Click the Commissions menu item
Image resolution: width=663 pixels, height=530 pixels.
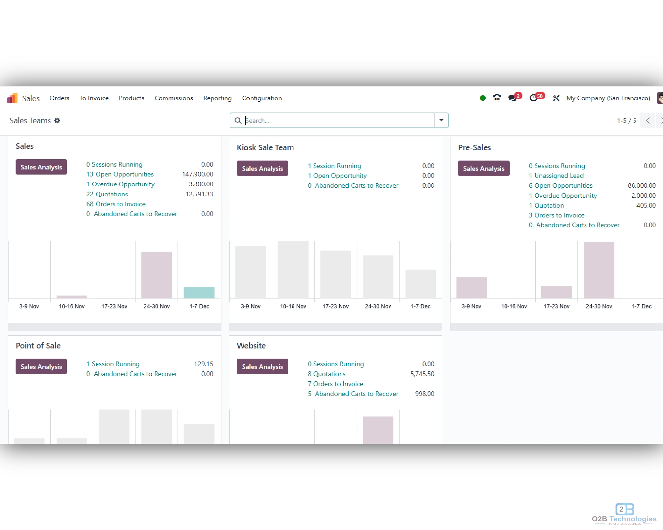[x=174, y=98]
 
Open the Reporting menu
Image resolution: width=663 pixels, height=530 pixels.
[x=217, y=98]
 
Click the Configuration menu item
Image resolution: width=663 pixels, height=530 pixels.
[x=262, y=98]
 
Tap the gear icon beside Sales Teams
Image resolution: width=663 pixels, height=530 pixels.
[x=57, y=120]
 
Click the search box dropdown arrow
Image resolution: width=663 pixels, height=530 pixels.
[x=441, y=120]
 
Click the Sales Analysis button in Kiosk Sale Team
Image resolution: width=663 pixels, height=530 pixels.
[x=262, y=169]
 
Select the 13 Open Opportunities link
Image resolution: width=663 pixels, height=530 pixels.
[x=120, y=174]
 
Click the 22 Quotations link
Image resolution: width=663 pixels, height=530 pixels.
[x=107, y=194]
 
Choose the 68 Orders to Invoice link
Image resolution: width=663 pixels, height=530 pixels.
[x=116, y=204]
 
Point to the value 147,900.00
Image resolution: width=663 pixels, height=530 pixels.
[x=197, y=174]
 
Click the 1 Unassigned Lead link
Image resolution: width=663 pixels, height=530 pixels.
[x=556, y=176]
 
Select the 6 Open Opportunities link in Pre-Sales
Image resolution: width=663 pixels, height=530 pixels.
[x=561, y=185]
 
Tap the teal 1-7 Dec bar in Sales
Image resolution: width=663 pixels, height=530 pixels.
[x=199, y=292]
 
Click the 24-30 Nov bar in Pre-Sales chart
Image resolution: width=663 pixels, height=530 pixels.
[x=599, y=270]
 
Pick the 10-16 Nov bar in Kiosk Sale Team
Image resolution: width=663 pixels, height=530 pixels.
[x=293, y=269]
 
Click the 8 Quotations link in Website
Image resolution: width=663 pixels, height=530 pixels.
[x=326, y=374]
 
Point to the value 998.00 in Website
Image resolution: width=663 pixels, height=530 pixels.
[x=424, y=394]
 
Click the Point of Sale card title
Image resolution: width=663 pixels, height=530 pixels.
[x=38, y=346]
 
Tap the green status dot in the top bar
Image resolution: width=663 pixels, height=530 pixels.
[x=483, y=98]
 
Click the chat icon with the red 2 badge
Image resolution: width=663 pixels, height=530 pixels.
[x=513, y=98]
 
